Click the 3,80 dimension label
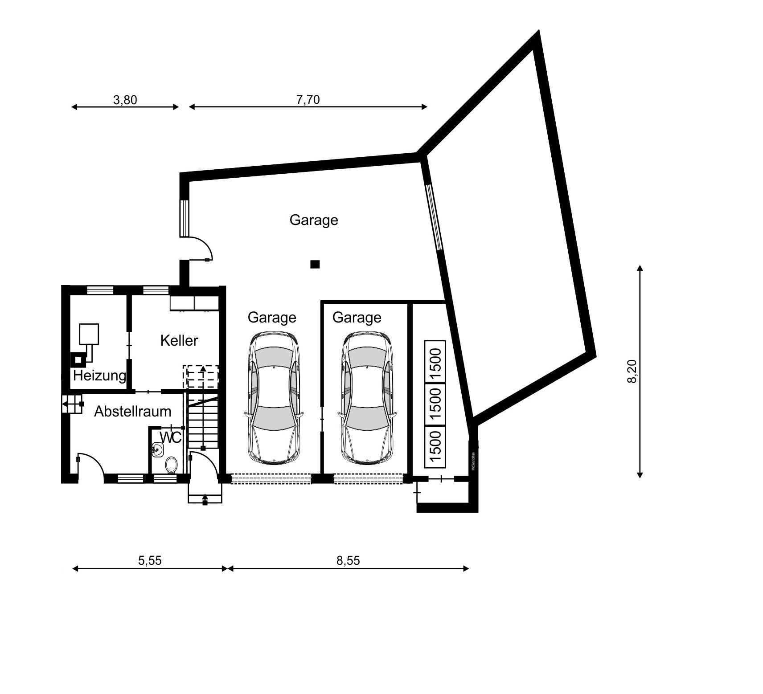125,100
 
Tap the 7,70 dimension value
308,99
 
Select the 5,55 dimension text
150,560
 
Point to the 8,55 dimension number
348,560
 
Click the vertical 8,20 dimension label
632,371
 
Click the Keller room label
179,340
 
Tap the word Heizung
99,376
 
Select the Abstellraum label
132,411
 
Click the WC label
171,437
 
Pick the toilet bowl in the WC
171,465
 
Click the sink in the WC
157,449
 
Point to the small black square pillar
315,265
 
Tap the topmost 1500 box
435,361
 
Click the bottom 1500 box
435,446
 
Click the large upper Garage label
313,220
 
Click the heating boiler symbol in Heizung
88,334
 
